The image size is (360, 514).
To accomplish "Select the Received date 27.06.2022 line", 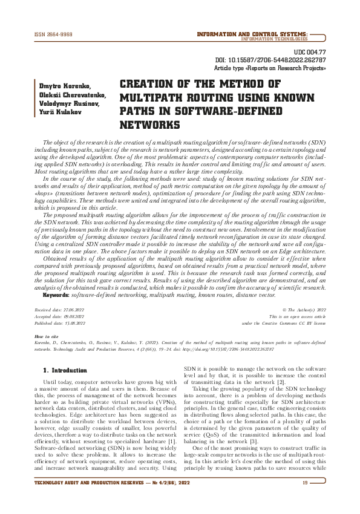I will click(59, 309).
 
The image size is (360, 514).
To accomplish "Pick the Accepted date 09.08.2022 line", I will click(59, 316).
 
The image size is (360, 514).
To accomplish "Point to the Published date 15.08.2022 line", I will click(59, 323).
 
